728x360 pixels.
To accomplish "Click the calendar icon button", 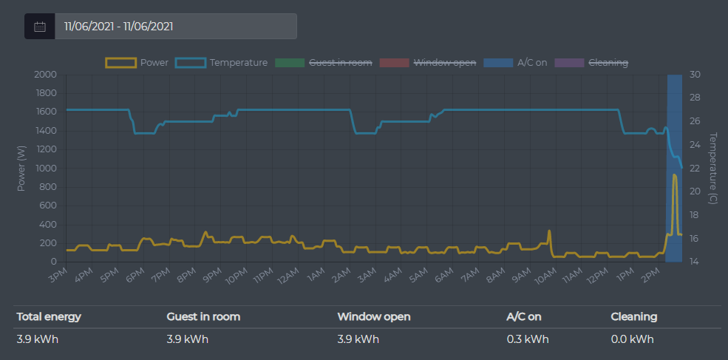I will pyautogui.click(x=40, y=27).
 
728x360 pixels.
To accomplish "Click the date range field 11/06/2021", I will pyautogui.click(x=176, y=27).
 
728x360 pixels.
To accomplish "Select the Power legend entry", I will pyautogui.click(x=137, y=63).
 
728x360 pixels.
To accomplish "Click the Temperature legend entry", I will pyautogui.click(x=222, y=63).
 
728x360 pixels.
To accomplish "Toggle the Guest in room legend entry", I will pyautogui.click(x=324, y=63).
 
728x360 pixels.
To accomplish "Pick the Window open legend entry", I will pyautogui.click(x=428, y=63).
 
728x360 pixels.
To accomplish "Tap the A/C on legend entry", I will pyautogui.click(x=516, y=63).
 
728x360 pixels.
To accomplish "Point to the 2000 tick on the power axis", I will pyautogui.click(x=45, y=75).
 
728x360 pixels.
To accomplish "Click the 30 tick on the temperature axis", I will pyautogui.click(x=696, y=75).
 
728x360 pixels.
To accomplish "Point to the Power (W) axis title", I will pyautogui.click(x=21, y=168).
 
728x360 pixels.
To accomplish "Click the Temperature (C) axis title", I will pyautogui.click(x=713, y=168).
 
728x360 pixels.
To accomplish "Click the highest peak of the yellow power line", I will pyautogui.click(x=674, y=175).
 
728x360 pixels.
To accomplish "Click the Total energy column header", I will pyautogui.click(x=49, y=317).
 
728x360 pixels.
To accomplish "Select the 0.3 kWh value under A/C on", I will pyautogui.click(x=527, y=340).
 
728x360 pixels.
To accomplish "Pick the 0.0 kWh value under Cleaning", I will pyautogui.click(x=632, y=340).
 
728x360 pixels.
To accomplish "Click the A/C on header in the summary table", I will pyautogui.click(x=524, y=317).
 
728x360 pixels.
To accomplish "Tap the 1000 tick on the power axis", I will pyautogui.click(x=45, y=169).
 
